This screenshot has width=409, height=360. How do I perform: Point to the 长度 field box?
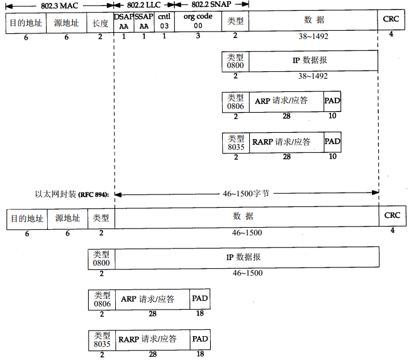(x=99, y=22)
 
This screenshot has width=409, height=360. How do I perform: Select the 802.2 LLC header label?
(x=144, y=4)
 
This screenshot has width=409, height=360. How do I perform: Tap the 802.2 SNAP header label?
(x=211, y=4)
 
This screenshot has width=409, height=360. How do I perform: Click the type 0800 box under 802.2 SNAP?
(x=235, y=61)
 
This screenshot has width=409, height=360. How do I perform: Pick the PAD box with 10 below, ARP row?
(x=332, y=101)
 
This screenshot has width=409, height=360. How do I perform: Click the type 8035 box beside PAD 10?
(x=235, y=142)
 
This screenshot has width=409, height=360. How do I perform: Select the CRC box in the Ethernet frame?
(x=391, y=216)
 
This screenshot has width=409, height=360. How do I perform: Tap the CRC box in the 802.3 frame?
(x=391, y=20)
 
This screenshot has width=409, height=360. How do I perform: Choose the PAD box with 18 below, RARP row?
(x=200, y=340)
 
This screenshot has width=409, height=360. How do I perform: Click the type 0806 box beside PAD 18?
(x=101, y=299)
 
